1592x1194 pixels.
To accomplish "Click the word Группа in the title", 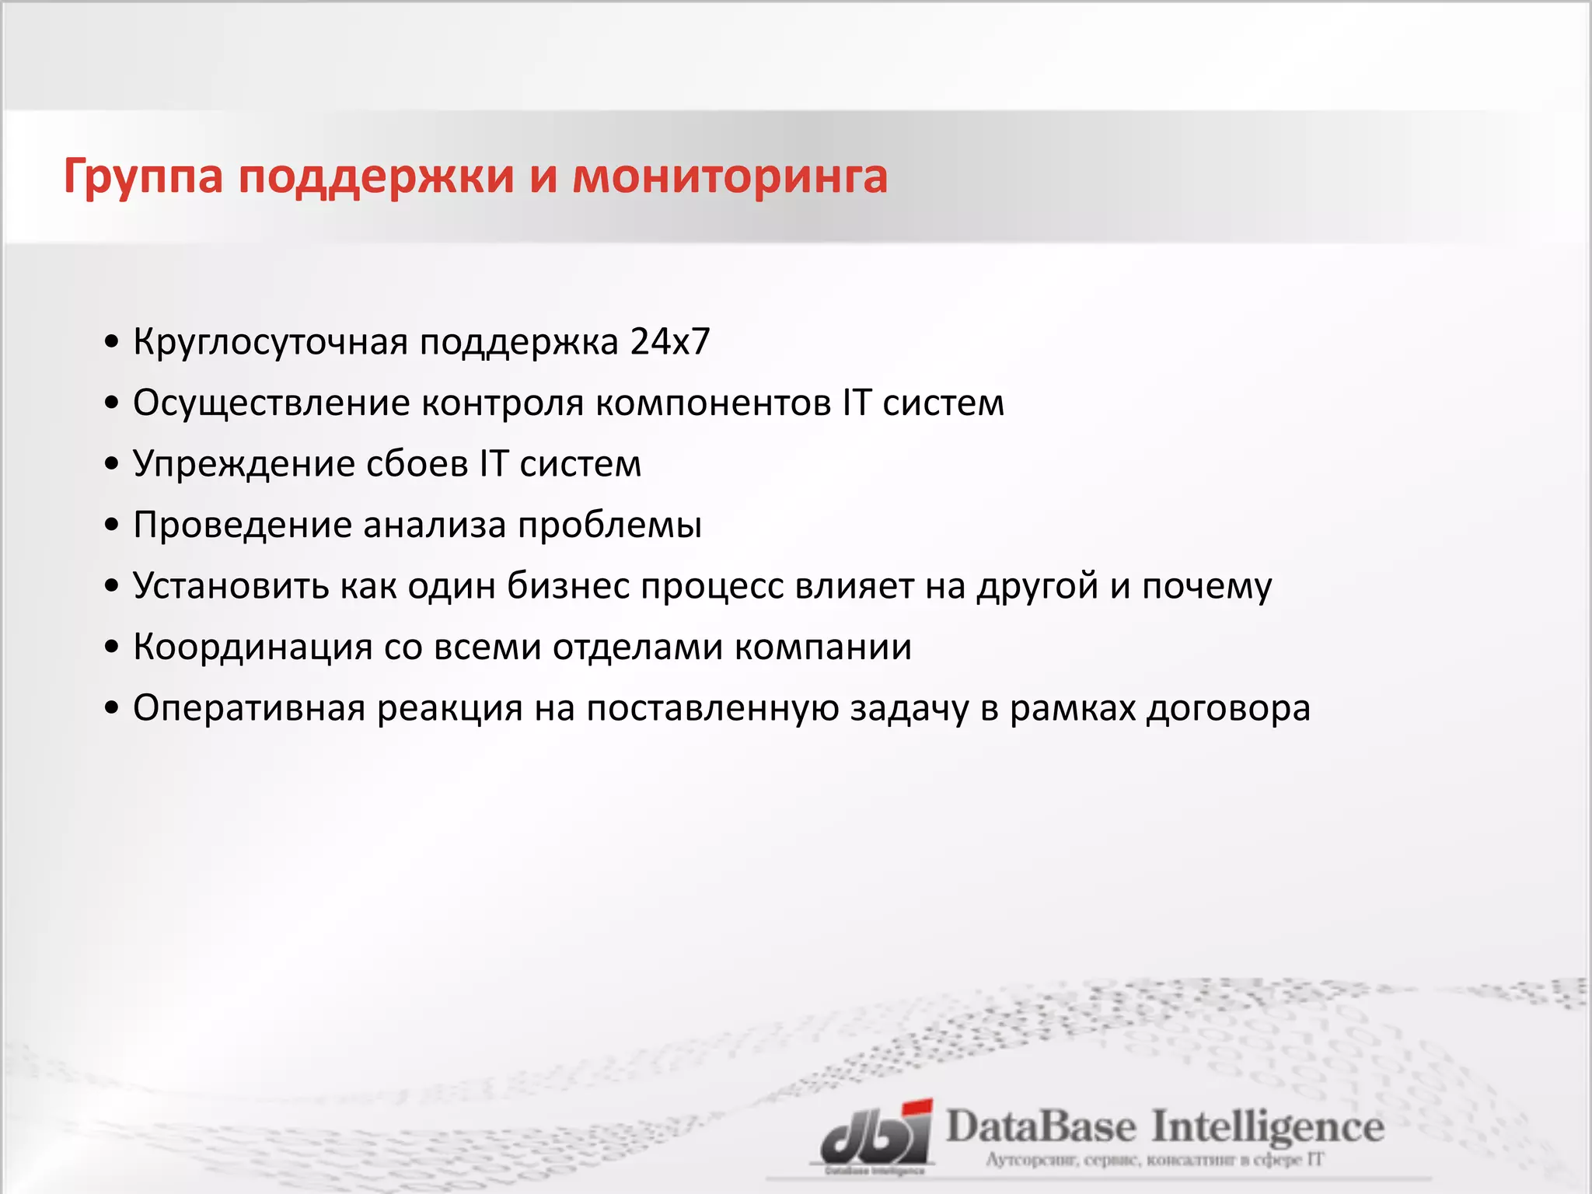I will point(144,177).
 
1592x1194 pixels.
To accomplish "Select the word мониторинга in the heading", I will point(730,176).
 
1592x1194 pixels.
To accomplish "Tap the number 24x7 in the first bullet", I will point(670,342).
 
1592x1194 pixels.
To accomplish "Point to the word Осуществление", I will point(271,403).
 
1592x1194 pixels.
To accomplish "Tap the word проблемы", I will point(610,525).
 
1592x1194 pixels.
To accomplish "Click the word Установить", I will point(231,586).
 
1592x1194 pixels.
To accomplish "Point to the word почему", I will point(1206,586).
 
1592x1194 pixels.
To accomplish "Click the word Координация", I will point(253,647).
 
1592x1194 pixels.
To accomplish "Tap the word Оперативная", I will point(249,708).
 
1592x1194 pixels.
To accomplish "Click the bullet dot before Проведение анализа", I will point(112,525).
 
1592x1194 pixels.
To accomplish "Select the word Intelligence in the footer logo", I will point(1267,1128).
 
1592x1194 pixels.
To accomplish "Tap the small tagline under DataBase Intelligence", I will point(1154,1161).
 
